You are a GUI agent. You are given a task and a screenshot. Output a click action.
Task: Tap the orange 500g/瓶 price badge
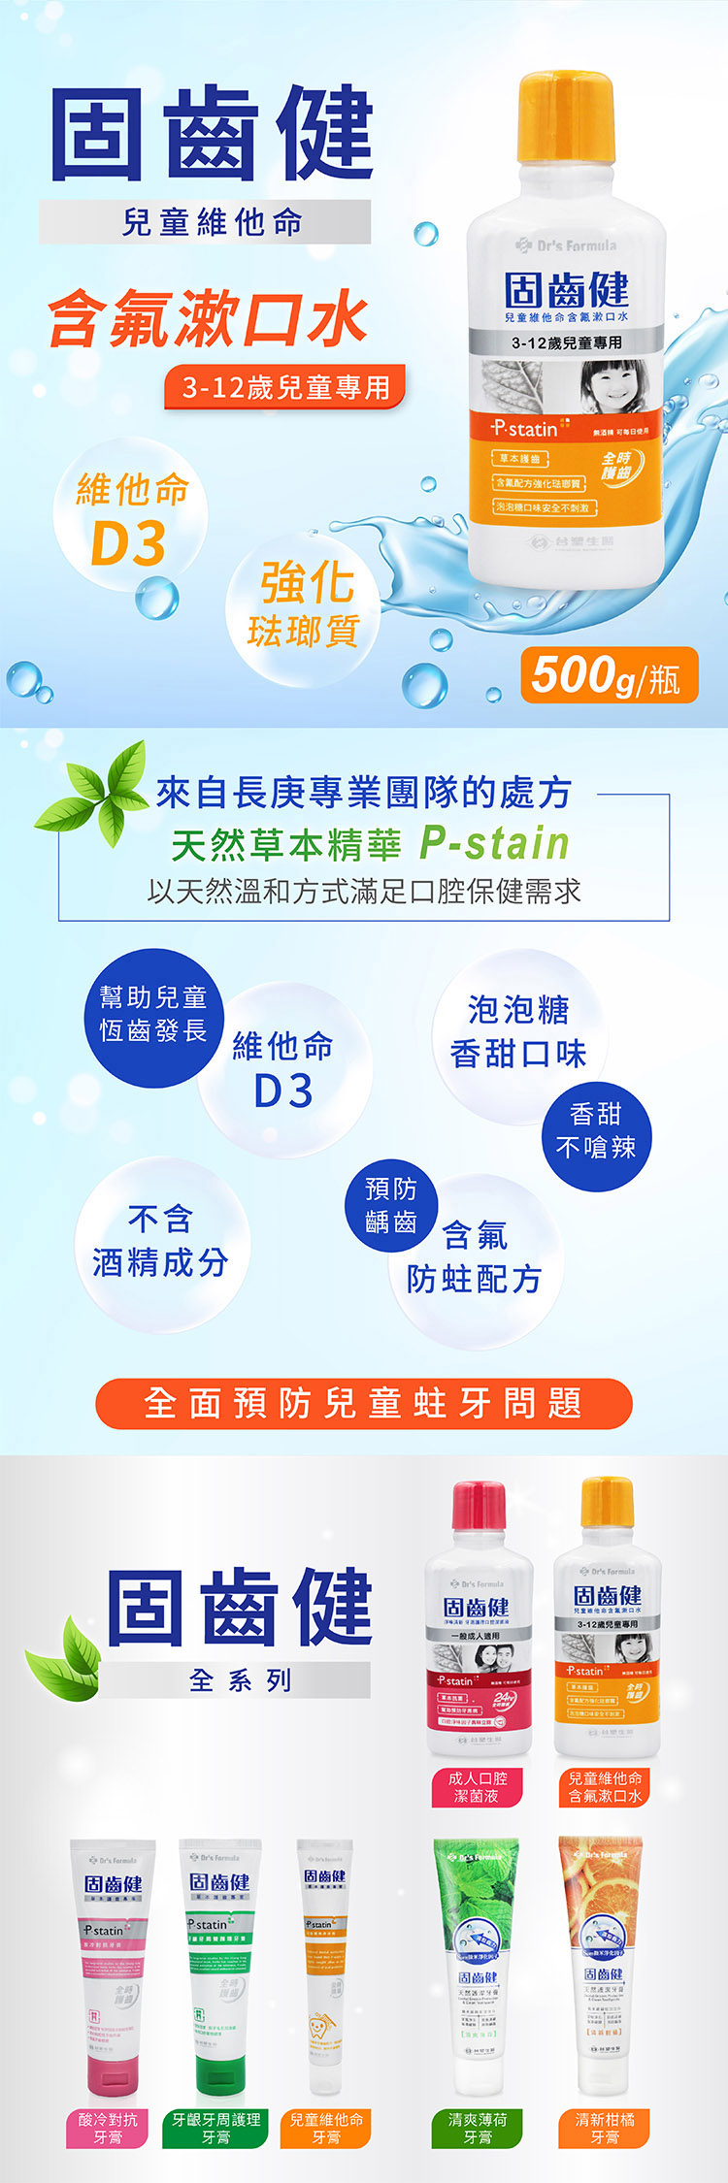609,675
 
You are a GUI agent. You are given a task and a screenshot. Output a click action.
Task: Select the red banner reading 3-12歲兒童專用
285,388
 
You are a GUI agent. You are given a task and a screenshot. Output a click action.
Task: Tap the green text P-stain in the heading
494,843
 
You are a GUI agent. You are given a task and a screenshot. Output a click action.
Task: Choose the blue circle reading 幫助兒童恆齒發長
153,1015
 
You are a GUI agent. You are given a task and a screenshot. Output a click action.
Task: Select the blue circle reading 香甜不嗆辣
595,1131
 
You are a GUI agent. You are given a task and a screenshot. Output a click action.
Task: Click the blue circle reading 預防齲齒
391,1204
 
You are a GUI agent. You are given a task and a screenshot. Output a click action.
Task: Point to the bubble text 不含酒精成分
161,1241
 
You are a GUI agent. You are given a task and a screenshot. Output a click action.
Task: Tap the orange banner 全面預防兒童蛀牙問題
363,1403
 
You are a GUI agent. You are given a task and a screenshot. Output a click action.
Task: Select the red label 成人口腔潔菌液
478,1786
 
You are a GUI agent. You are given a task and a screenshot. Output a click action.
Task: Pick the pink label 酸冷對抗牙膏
109,2128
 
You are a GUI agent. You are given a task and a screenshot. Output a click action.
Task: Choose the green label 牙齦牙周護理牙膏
216,2128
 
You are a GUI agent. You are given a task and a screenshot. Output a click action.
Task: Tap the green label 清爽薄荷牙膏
479,2128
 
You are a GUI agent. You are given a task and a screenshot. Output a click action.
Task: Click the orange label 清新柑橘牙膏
605,2128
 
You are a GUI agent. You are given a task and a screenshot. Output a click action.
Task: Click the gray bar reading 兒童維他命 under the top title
207,222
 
